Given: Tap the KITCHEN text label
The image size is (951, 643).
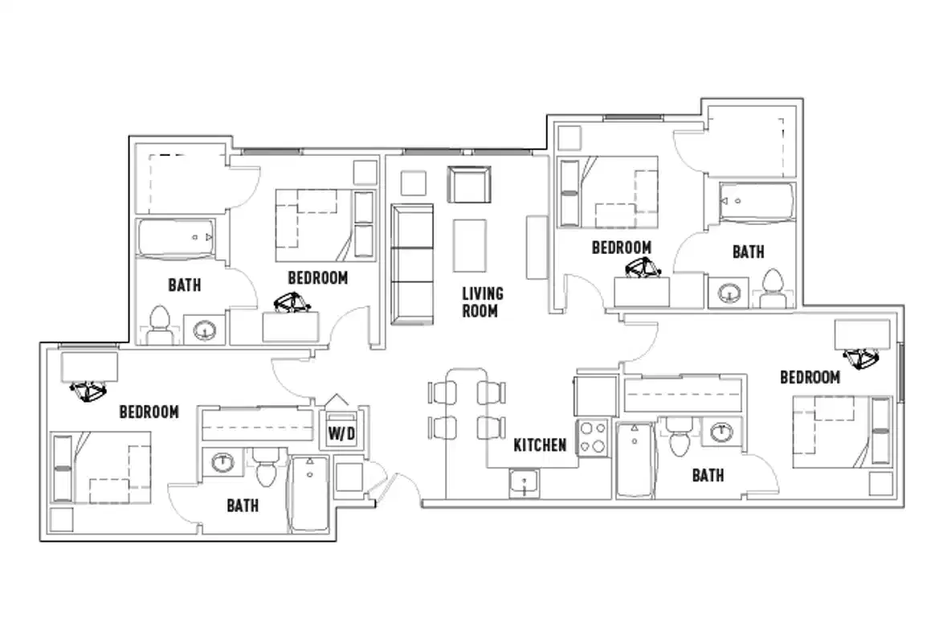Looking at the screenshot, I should [x=540, y=444].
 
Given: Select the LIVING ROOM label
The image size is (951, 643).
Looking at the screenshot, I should [x=482, y=301].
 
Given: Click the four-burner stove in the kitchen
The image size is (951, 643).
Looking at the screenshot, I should [x=593, y=438].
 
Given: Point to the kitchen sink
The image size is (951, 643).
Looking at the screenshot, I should [x=524, y=484].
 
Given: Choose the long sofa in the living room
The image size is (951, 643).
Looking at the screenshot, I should [x=411, y=264].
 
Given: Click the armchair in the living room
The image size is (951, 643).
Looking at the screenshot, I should [x=468, y=186].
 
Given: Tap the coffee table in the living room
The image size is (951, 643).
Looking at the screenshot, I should [x=469, y=245].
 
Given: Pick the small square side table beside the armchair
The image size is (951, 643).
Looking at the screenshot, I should [x=414, y=183].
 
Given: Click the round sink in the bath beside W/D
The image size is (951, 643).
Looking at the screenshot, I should [x=221, y=462].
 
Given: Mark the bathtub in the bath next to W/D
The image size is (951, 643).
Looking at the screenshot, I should [x=308, y=494].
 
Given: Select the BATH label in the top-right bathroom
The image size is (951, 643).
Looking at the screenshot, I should [x=748, y=252].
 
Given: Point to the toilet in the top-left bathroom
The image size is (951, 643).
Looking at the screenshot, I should [x=159, y=326].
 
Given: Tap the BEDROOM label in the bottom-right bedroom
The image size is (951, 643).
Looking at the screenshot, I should [x=810, y=377].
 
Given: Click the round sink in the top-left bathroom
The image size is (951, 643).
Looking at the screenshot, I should [x=206, y=329].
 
